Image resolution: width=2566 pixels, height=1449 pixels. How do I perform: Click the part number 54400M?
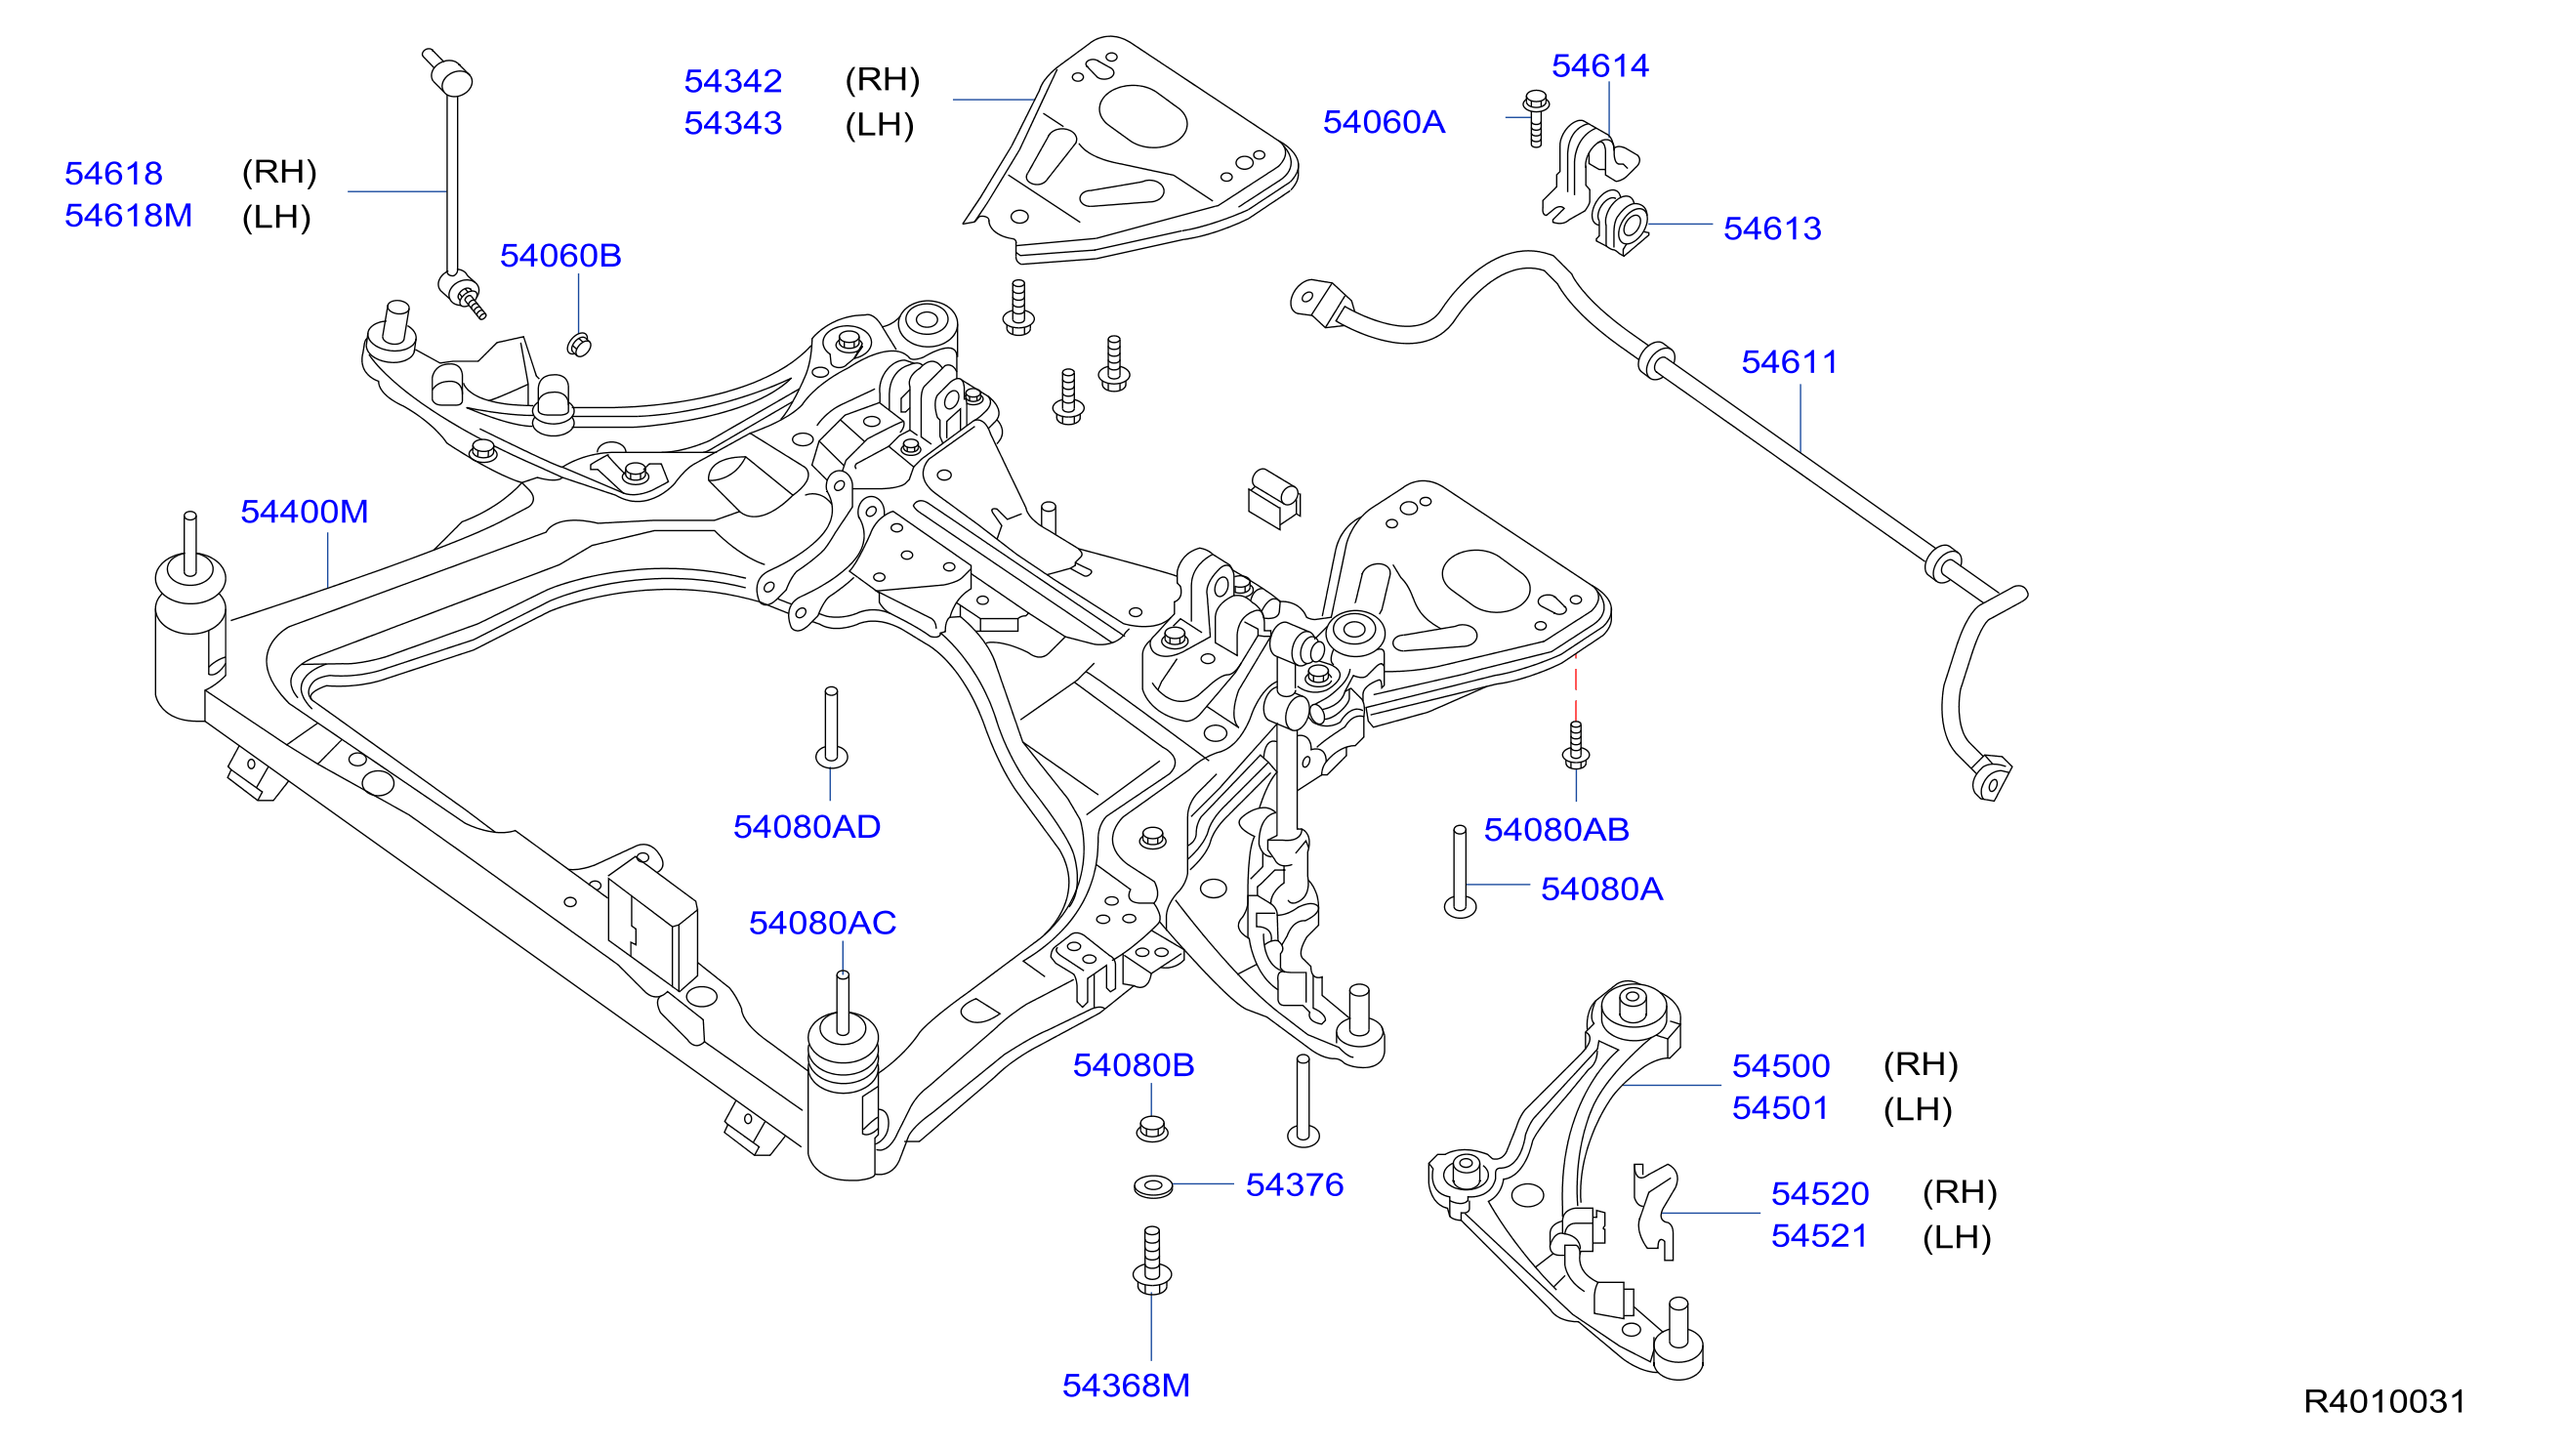304,512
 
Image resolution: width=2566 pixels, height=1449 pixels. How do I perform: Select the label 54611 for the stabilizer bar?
1789,362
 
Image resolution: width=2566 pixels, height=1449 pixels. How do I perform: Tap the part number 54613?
1772,229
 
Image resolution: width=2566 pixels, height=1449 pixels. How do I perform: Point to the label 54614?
1599,65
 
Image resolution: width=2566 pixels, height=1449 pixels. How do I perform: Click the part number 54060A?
1384,122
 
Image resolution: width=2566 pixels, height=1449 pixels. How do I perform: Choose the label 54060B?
560,256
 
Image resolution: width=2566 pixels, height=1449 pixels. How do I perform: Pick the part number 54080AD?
807,828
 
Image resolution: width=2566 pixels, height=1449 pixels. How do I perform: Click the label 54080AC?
823,924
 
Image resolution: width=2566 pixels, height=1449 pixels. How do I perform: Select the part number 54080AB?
1557,831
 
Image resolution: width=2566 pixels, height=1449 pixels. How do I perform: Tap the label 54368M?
1126,1387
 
